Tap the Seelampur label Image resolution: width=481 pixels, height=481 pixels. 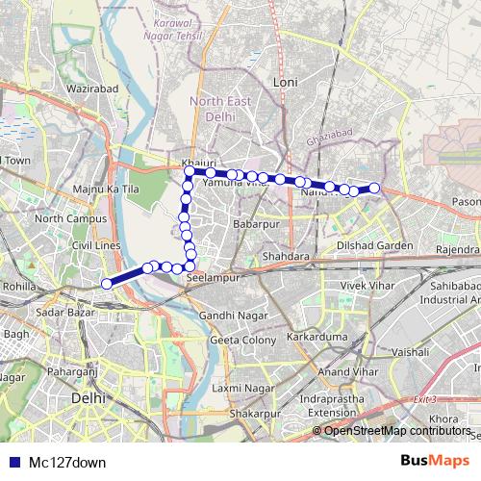212,278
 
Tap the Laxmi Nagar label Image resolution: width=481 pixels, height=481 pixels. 240,388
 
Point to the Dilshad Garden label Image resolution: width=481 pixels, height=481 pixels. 374,245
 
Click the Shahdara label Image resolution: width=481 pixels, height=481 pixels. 287,257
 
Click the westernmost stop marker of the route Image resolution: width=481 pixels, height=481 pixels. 107,283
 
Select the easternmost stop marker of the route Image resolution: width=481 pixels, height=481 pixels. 374,188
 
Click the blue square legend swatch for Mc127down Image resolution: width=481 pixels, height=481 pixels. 10,462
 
